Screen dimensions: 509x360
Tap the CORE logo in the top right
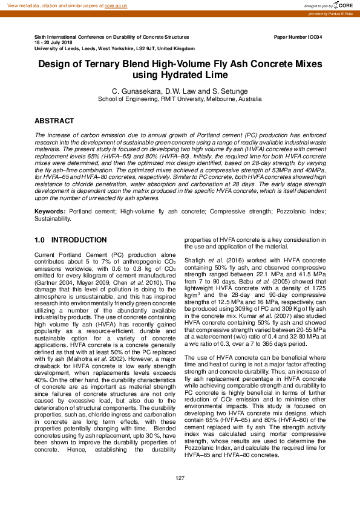pyautogui.click(x=342, y=5)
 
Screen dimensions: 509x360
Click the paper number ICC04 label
pyautogui.click(x=298, y=37)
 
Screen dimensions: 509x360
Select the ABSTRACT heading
pyautogui.click(x=54, y=121)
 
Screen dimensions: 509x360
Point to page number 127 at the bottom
pyautogui.click(x=180, y=479)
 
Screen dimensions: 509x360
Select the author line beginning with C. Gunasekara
pyautogui.click(x=180, y=90)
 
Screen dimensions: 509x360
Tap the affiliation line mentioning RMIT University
pyautogui.click(x=180, y=97)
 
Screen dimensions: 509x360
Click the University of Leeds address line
pyautogui.click(x=114, y=48)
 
